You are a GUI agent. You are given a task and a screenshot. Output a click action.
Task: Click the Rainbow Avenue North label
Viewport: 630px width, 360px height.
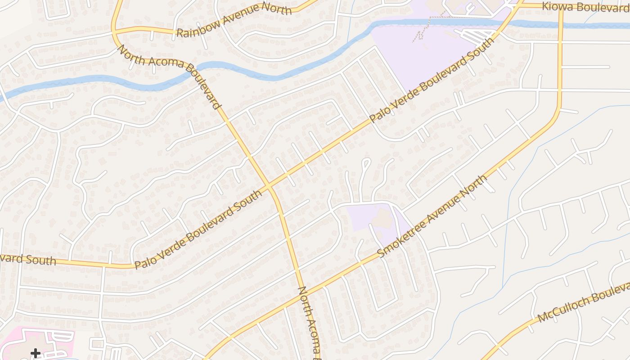[234, 20]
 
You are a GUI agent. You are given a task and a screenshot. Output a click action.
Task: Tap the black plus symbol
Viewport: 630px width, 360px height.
[36, 353]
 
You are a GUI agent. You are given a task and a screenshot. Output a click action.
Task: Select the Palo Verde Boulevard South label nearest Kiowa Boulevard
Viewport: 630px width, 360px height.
[432, 81]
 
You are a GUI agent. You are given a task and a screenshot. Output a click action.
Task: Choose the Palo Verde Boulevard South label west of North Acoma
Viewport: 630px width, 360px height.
[198, 229]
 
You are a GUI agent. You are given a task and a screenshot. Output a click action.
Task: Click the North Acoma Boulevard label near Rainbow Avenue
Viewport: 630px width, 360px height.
[169, 76]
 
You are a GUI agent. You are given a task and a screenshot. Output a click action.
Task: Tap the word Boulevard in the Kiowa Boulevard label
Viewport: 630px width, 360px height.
[603, 8]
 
